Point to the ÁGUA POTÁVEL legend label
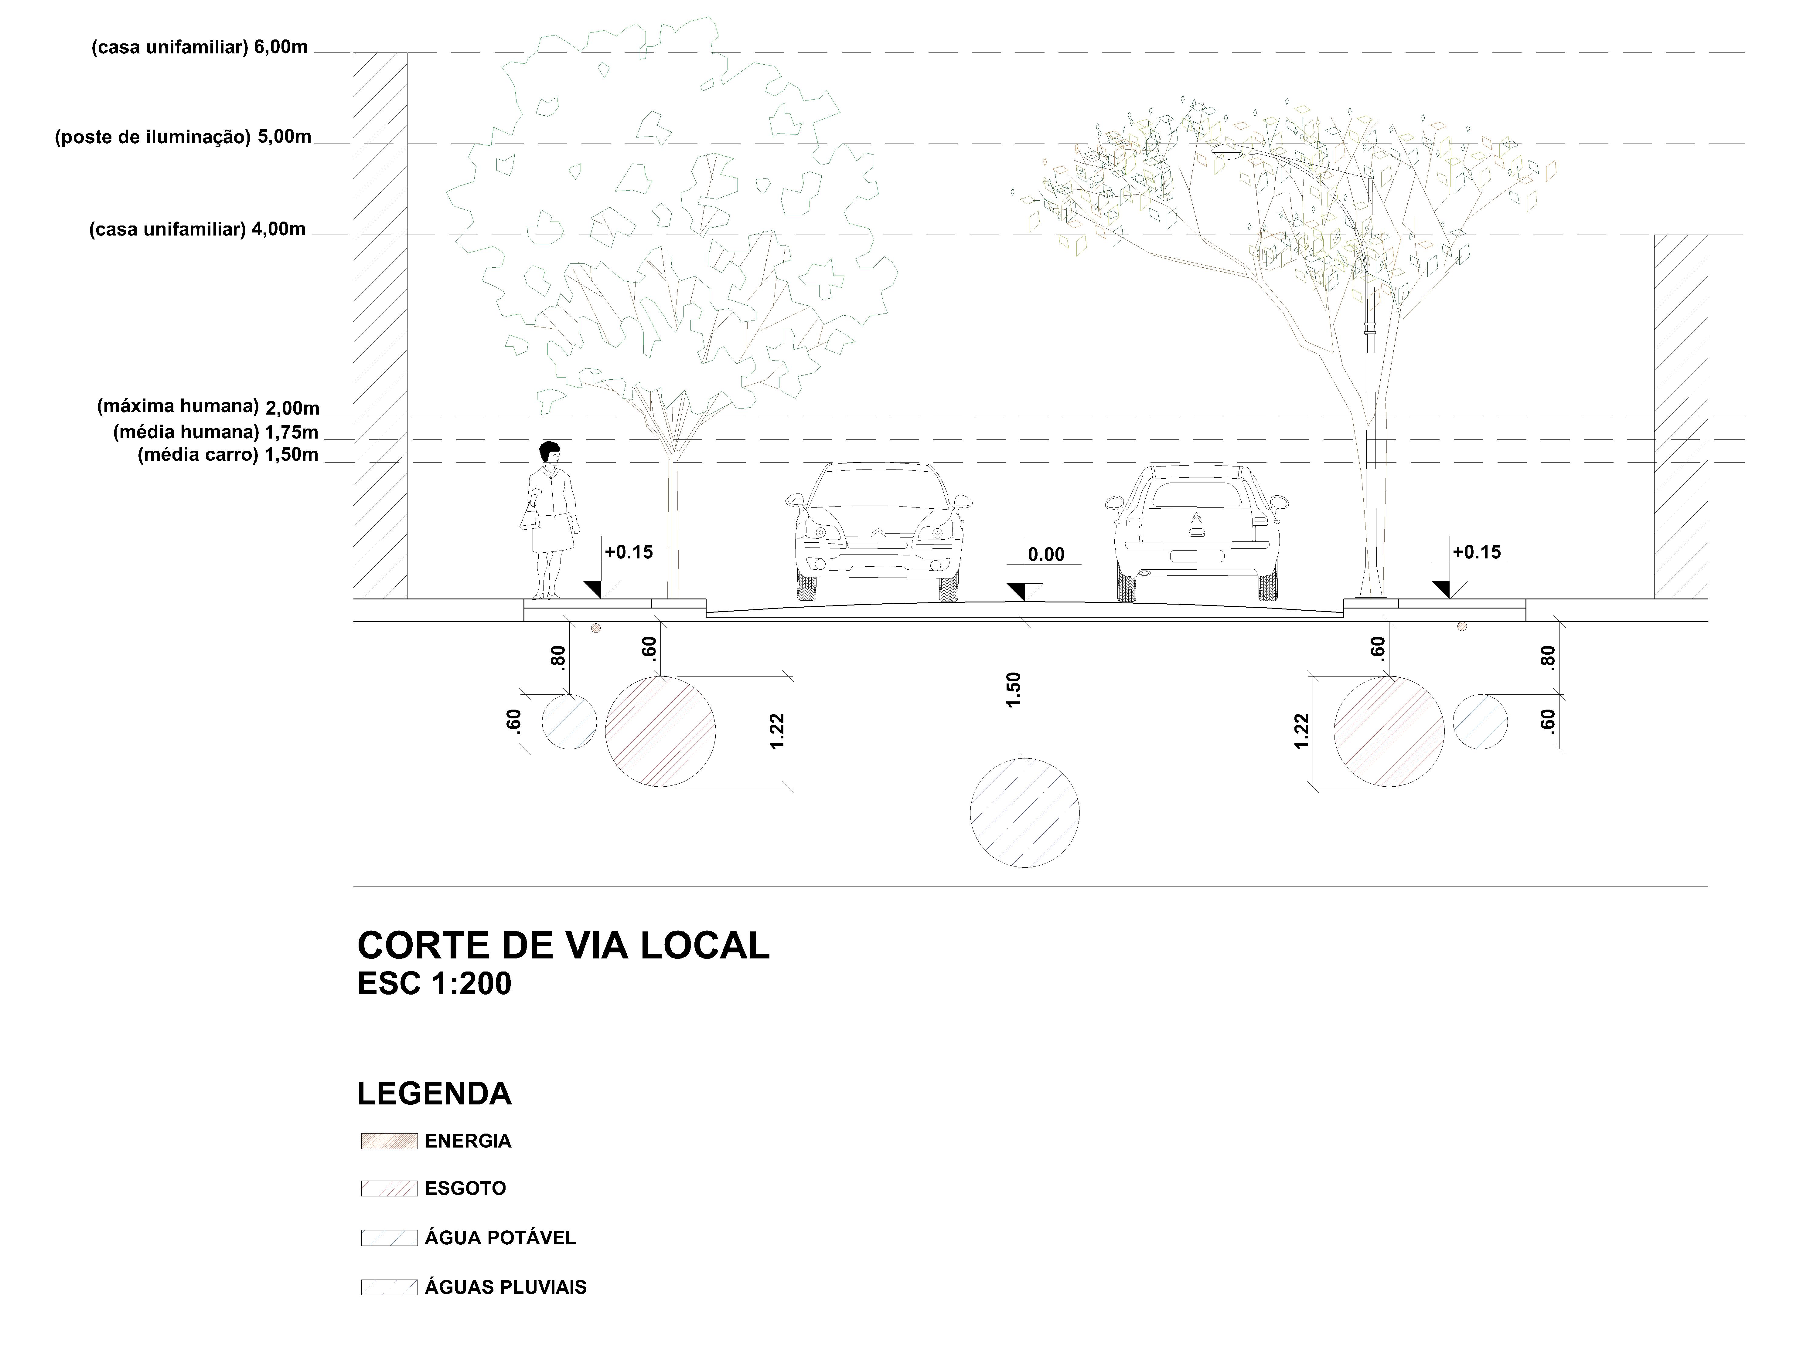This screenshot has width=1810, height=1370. click(500, 1237)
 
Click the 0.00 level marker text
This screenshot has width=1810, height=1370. click(1046, 554)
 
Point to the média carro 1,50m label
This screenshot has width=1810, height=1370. click(227, 455)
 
